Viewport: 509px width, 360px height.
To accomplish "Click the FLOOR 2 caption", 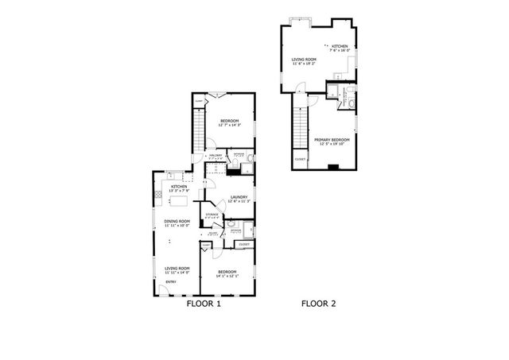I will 318,304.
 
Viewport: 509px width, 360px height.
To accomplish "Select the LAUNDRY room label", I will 239,197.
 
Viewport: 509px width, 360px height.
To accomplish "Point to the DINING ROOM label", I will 177,221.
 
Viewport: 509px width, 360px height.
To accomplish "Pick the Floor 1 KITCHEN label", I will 178,186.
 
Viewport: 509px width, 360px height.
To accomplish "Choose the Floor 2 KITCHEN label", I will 340,46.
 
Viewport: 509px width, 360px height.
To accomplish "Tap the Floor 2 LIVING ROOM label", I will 304,59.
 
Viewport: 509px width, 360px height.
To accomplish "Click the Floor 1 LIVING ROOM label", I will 177,268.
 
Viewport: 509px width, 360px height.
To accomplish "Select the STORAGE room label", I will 212,215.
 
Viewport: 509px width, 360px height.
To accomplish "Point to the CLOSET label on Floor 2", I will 300,160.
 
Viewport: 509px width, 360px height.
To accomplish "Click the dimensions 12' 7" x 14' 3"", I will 229,126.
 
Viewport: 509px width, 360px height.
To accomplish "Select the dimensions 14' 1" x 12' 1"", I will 227,277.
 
